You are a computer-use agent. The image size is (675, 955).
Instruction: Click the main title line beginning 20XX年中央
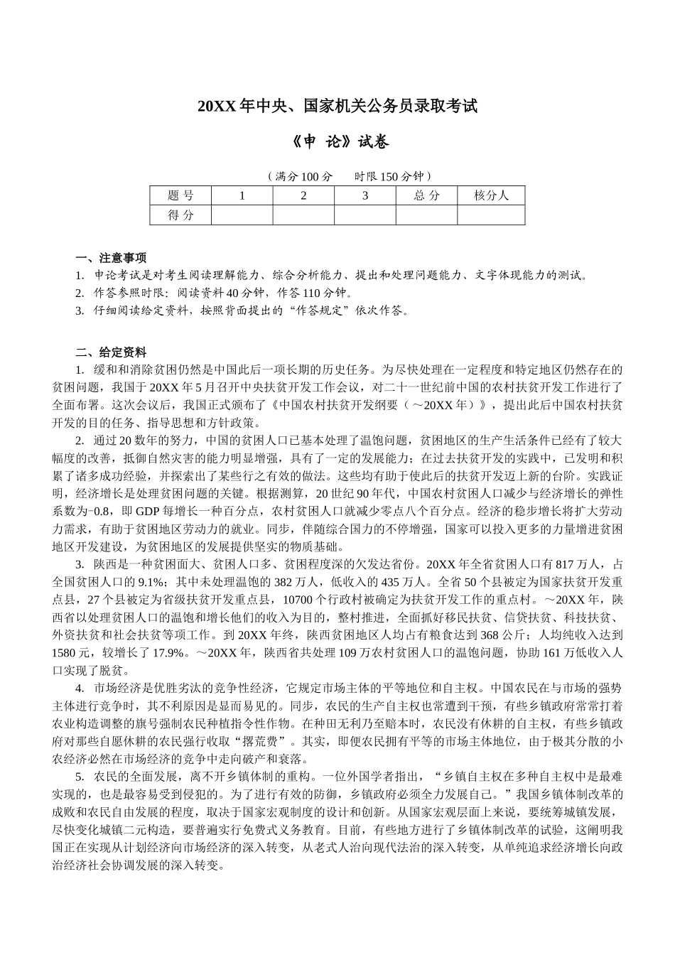pyautogui.click(x=337, y=107)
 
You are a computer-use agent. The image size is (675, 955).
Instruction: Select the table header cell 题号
pyautogui.click(x=180, y=195)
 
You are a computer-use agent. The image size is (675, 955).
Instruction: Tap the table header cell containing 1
pyautogui.click(x=242, y=195)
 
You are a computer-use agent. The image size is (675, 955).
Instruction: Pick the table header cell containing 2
pyautogui.click(x=303, y=195)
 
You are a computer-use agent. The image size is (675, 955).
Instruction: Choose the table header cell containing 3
pyautogui.click(x=365, y=195)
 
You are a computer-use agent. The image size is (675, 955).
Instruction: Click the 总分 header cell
pyautogui.click(x=426, y=195)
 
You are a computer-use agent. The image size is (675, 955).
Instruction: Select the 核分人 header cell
pyautogui.click(x=491, y=195)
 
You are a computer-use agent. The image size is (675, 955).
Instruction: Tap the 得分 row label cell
pyautogui.click(x=180, y=215)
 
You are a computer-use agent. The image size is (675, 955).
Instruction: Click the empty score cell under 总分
pyautogui.click(x=426, y=215)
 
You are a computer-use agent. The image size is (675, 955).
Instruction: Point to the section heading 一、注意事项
pyautogui.click(x=112, y=258)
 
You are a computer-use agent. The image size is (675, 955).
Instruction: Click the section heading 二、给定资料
pyautogui.click(x=112, y=352)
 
